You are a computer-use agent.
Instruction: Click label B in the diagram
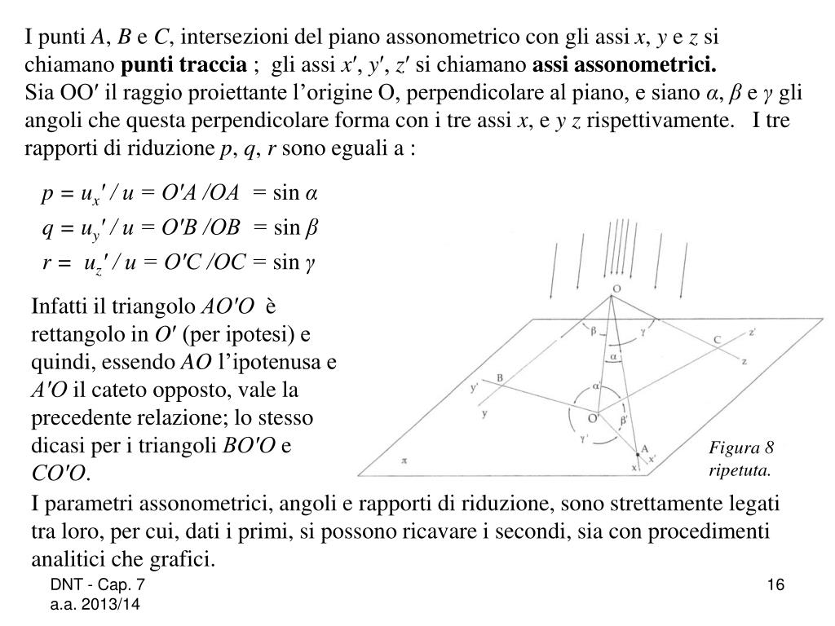[x=501, y=377]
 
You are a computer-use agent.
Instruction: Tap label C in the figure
[x=717, y=339]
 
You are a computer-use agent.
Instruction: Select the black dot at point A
[x=637, y=454]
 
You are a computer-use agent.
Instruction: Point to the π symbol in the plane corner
[x=403, y=460]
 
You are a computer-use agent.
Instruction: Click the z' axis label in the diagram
[x=754, y=332]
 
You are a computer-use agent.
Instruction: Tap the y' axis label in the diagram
[x=475, y=388]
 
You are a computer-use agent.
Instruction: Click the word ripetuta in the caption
[x=739, y=470]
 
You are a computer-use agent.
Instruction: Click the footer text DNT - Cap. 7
[x=98, y=585]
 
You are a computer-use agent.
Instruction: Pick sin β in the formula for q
[x=294, y=227]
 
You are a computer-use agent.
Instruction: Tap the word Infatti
[x=60, y=306]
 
